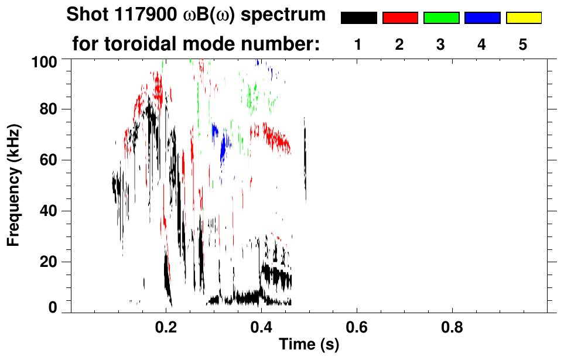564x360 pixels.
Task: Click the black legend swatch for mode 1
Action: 359,18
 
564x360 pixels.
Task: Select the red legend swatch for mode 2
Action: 400,18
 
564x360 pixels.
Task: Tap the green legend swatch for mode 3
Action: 441,18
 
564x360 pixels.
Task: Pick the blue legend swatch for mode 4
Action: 482,18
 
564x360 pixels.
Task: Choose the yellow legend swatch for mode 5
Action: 523,18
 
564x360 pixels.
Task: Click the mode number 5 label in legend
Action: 523,44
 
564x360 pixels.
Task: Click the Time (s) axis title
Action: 309,345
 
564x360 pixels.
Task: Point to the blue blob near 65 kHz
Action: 223,151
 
